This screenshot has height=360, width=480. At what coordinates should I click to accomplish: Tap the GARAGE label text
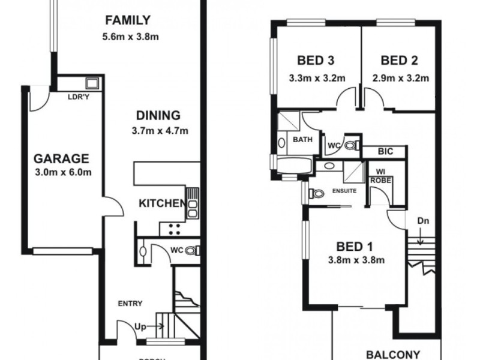[61, 159]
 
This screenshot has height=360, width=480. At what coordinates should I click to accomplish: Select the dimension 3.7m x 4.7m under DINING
[158, 130]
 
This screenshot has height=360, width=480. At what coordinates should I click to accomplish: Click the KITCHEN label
[161, 204]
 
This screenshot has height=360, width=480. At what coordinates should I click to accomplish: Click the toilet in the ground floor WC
[191, 251]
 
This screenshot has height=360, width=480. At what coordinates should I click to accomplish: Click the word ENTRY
[130, 304]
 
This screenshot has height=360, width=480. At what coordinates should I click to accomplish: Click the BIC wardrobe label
[385, 152]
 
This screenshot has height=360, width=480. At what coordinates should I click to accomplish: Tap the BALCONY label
[393, 353]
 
